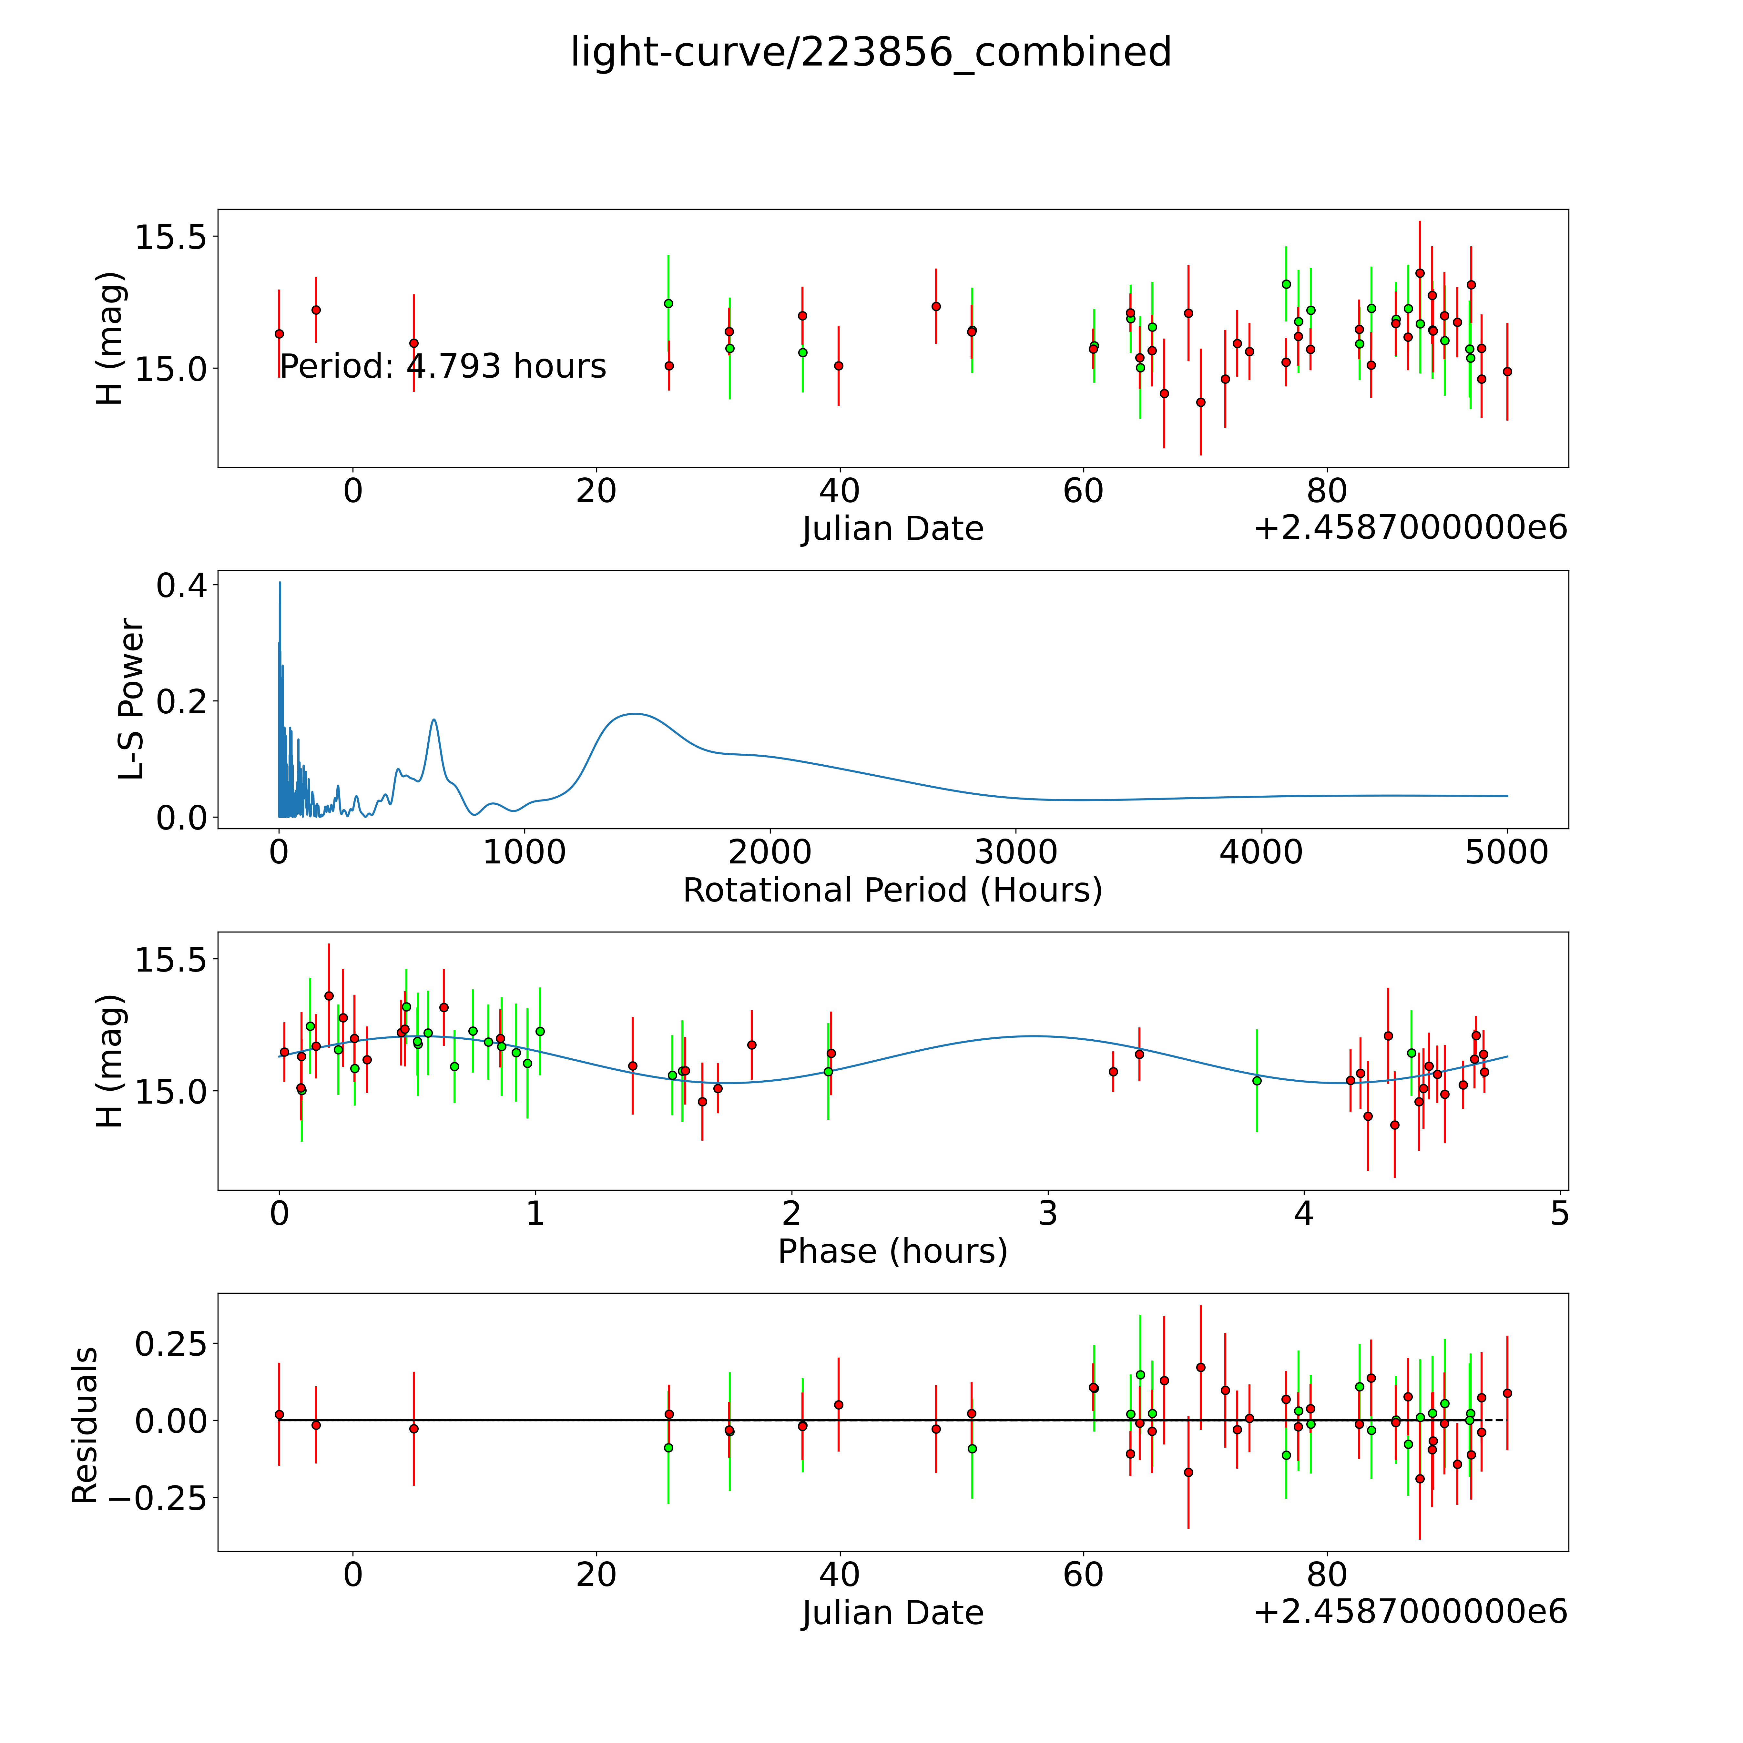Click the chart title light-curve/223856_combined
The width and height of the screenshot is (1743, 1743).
click(x=871, y=52)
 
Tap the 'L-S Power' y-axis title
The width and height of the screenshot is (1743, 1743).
click(x=132, y=699)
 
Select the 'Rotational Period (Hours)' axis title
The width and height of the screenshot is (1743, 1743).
click(x=892, y=891)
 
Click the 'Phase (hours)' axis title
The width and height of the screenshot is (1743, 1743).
click(x=892, y=1251)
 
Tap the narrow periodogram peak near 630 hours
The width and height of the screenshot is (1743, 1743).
click(x=434, y=720)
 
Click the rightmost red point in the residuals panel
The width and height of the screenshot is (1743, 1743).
click(x=1507, y=1393)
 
